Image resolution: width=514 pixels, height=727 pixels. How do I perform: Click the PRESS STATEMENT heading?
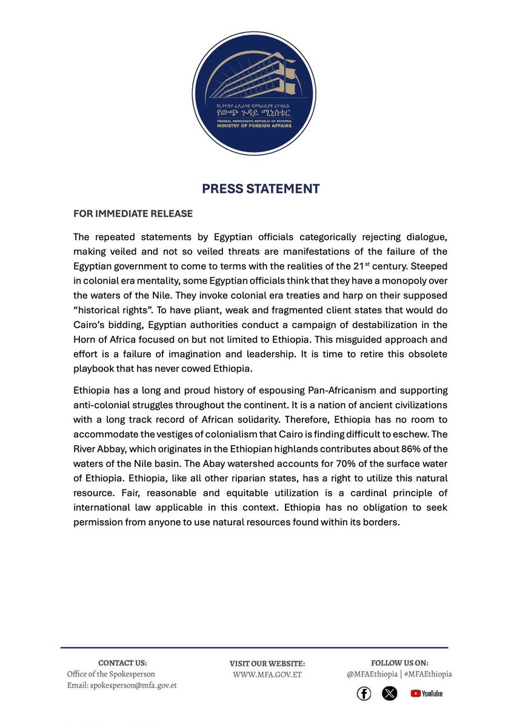(261, 189)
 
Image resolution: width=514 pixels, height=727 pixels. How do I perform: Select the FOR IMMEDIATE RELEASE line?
(133, 214)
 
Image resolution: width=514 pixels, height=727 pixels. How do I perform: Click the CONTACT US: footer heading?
(122, 663)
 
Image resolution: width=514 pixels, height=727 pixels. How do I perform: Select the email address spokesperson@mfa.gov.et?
(133, 685)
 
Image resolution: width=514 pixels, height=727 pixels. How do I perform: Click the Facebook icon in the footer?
(364, 693)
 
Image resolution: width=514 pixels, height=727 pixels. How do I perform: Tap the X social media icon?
(390, 693)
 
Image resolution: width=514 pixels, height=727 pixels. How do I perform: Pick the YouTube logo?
(427, 693)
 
